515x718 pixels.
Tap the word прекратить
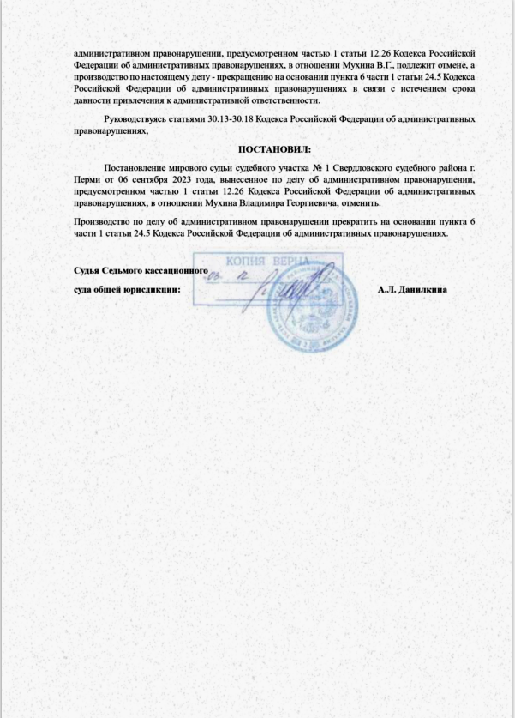[x=303, y=221]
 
